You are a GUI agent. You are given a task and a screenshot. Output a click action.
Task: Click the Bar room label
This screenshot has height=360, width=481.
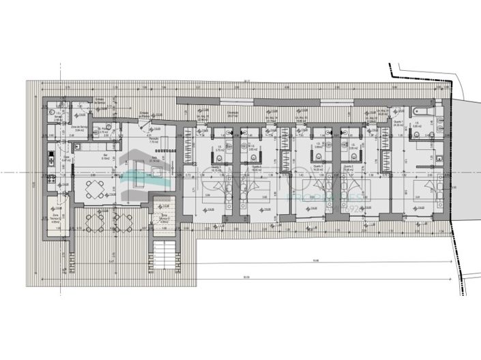click(106, 155)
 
